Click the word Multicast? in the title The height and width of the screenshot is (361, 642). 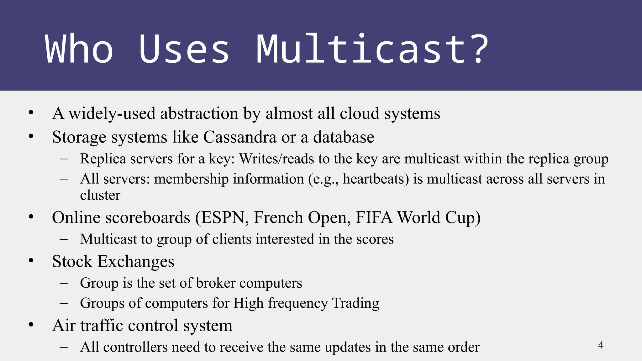[372, 49]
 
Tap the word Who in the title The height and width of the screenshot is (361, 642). [79, 49]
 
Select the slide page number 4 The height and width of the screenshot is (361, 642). [601, 345]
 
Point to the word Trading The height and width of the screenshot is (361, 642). [355, 303]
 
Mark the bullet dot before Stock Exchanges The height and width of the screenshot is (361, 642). [31, 261]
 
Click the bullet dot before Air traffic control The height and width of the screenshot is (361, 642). [31, 325]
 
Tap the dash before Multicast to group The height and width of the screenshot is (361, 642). [64, 239]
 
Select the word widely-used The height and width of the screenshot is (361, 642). [112, 113]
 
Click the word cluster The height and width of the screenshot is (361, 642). [100, 195]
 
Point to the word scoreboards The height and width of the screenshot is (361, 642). [148, 217]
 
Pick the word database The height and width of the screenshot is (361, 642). [344, 137]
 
